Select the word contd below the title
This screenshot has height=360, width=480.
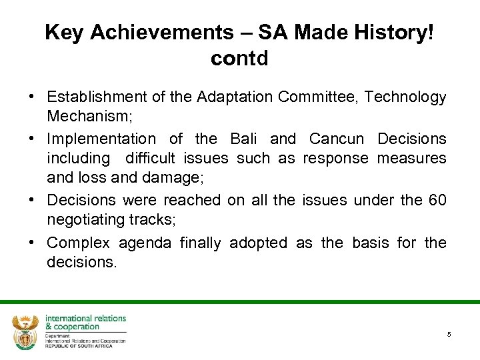(x=239, y=59)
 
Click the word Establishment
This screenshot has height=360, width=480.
(x=97, y=97)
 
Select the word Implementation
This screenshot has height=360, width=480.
(x=101, y=139)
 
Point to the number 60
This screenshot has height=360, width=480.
(x=437, y=200)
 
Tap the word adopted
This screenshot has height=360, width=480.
(x=258, y=243)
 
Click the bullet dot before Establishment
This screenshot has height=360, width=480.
(x=32, y=97)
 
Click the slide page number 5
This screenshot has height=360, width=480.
(x=449, y=334)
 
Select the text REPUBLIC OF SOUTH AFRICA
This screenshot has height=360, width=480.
(x=79, y=345)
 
